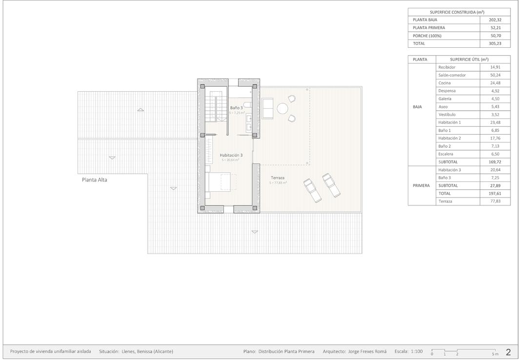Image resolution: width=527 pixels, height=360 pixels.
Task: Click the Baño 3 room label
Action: [x=236, y=108]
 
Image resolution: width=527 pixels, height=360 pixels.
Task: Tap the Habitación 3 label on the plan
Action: [x=231, y=155]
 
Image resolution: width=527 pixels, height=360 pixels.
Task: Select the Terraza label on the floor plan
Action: [x=278, y=178]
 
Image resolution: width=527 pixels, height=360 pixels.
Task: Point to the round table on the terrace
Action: [x=283, y=108]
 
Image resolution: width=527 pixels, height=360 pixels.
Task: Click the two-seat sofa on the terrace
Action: [x=268, y=108]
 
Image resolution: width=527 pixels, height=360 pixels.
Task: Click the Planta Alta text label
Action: [x=94, y=180]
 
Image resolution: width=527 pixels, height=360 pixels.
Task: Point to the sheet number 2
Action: [x=508, y=352]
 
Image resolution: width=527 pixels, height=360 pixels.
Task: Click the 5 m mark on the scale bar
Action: [x=495, y=354]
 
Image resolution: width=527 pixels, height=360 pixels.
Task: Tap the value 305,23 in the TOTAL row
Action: [x=495, y=43]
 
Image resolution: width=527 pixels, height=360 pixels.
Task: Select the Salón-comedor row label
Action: [x=452, y=75]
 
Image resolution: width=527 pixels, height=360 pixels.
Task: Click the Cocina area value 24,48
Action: [x=495, y=83]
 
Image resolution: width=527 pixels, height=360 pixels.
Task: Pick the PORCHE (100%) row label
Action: [x=429, y=36]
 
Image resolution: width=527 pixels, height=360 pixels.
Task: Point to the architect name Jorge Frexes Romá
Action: [x=367, y=351]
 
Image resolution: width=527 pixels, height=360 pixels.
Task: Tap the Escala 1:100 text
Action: [x=408, y=351]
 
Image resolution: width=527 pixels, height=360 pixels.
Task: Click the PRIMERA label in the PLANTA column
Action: [x=421, y=185]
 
